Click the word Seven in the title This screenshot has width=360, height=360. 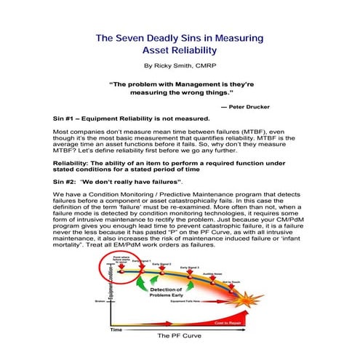coord(143,37)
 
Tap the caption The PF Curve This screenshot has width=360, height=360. coord(177,337)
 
